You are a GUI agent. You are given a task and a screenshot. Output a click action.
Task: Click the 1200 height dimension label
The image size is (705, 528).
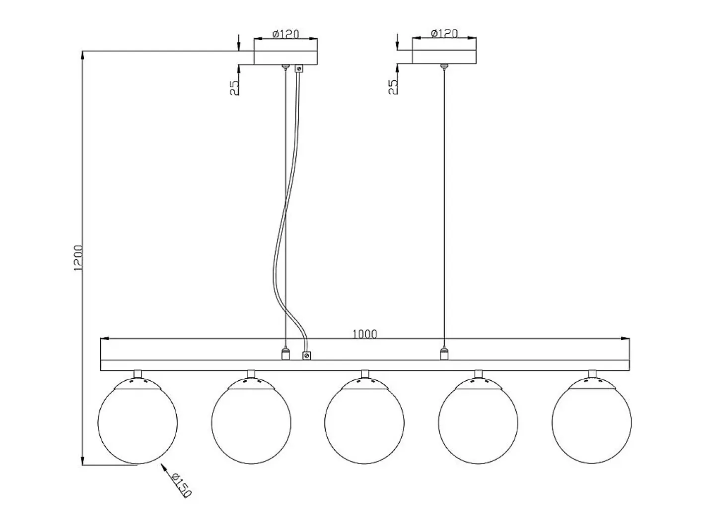[x=78, y=258]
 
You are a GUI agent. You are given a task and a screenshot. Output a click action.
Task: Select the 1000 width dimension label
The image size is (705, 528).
[x=364, y=334]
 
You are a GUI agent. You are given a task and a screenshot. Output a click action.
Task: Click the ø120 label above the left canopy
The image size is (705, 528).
[x=286, y=34]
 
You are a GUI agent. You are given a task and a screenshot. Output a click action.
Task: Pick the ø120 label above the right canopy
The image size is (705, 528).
[x=444, y=33]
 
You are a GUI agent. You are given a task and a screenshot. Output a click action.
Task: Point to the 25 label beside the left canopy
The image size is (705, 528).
[x=234, y=88]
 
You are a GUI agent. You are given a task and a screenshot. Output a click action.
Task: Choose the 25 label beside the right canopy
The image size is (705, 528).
[x=393, y=87]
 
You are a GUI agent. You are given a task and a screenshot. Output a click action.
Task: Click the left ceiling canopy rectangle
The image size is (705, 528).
[x=286, y=58]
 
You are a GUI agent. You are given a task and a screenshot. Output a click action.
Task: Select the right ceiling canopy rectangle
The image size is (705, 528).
[x=444, y=57]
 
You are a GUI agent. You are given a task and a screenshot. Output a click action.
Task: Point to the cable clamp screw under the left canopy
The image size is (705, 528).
[x=299, y=68]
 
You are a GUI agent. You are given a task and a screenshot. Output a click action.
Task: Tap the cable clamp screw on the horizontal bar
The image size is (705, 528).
[x=307, y=355]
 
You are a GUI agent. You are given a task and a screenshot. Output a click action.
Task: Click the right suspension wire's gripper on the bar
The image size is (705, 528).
[x=444, y=353]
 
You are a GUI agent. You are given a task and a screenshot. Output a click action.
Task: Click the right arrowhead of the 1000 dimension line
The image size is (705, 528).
[x=625, y=339]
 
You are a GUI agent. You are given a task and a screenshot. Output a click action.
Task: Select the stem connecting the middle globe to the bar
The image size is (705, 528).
[x=364, y=374]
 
